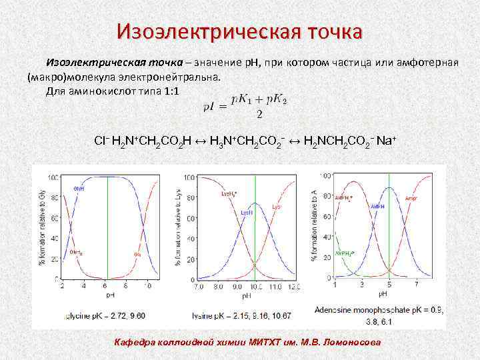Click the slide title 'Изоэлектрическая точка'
pos(239,31)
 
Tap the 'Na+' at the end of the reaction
pos(387,141)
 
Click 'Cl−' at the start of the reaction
pos(102,141)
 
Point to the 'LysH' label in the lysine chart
pos(247,212)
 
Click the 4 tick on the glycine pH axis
pos(84,286)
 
